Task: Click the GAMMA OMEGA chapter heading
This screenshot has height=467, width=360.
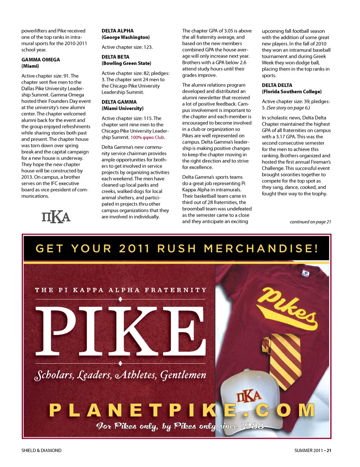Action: tap(40, 60)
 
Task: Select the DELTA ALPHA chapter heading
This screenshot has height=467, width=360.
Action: tap(117, 31)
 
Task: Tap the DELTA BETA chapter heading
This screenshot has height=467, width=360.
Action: tap(115, 57)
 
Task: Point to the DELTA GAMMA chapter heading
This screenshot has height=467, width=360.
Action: tap(119, 102)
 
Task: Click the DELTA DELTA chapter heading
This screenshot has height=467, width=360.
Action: tap(277, 85)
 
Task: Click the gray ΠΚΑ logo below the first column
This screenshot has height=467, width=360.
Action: tap(56, 217)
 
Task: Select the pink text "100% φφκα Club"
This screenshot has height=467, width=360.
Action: tap(147, 138)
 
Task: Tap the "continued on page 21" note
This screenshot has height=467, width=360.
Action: tap(310, 222)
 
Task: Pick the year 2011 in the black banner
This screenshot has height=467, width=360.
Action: tap(134, 248)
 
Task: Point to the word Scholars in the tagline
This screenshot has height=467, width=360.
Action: tap(54, 375)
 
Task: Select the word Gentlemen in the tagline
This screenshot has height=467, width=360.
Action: tap(183, 375)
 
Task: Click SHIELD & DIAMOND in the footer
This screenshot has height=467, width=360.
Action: tap(41, 451)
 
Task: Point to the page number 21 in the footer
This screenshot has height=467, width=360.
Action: tap(329, 451)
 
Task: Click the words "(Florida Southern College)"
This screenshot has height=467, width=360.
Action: tap(291, 91)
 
